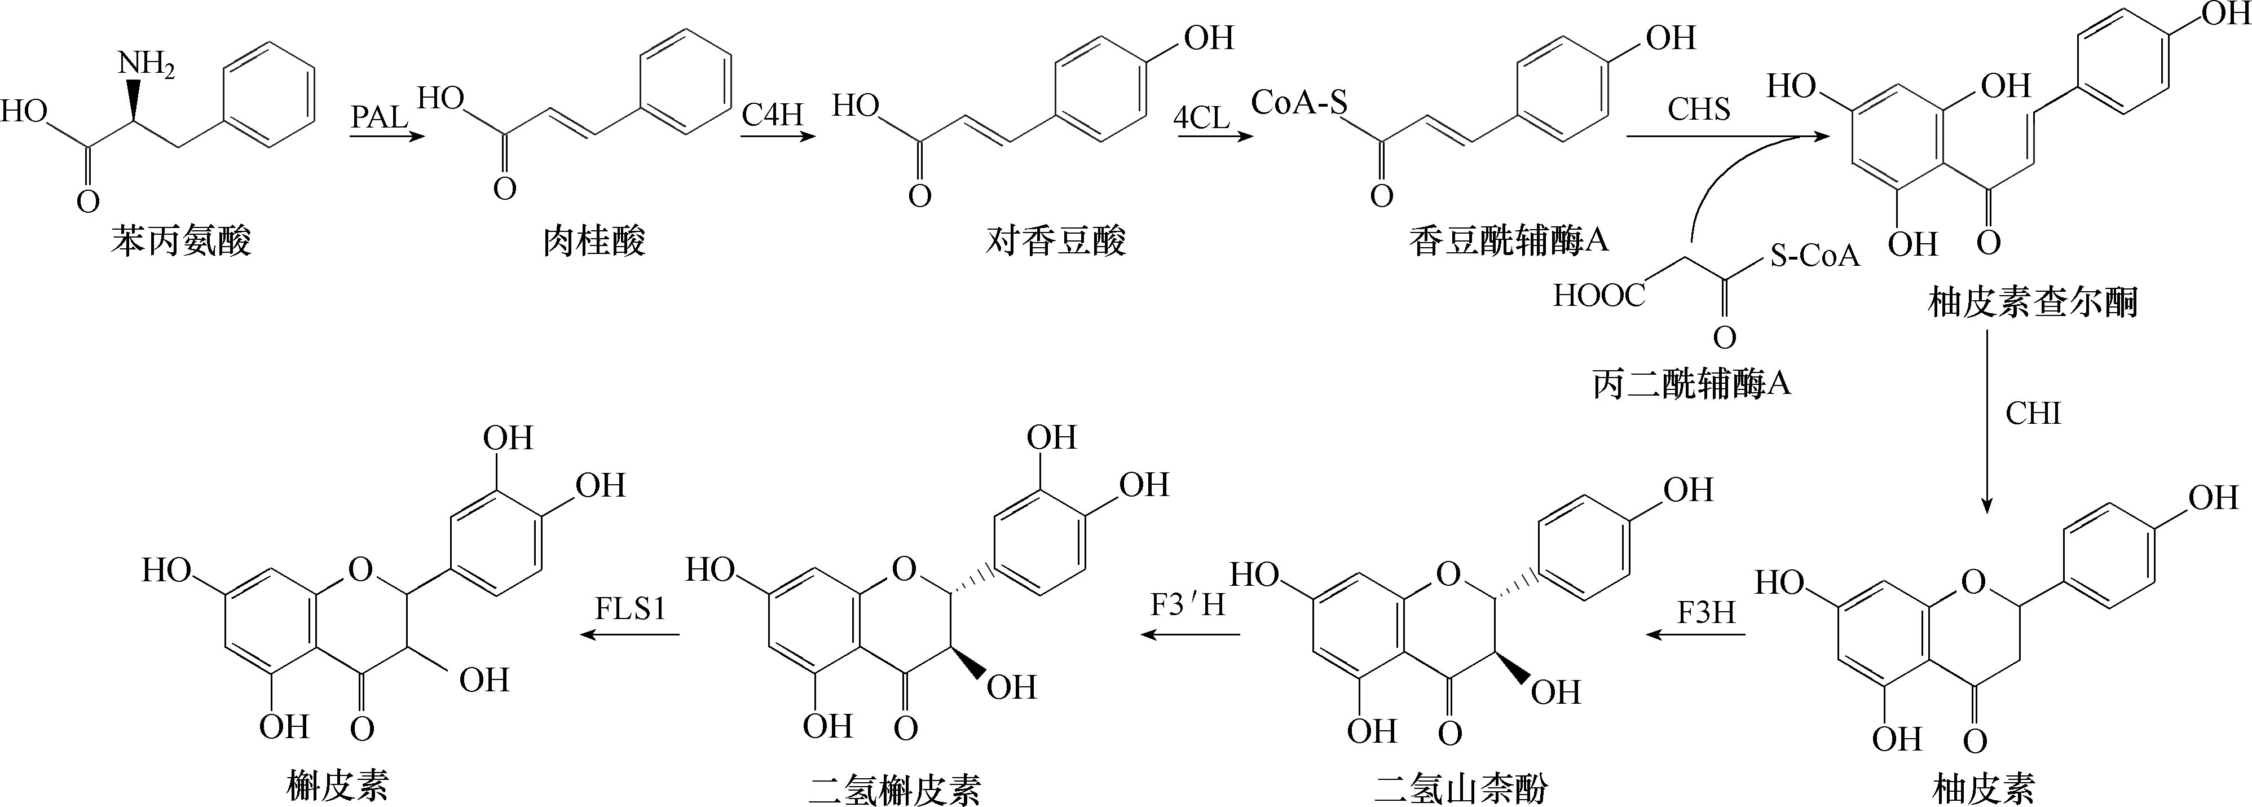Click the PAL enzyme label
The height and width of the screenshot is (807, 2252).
(380, 117)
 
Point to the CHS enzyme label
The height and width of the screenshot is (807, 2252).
(1699, 109)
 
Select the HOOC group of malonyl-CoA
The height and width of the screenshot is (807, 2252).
(1599, 296)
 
